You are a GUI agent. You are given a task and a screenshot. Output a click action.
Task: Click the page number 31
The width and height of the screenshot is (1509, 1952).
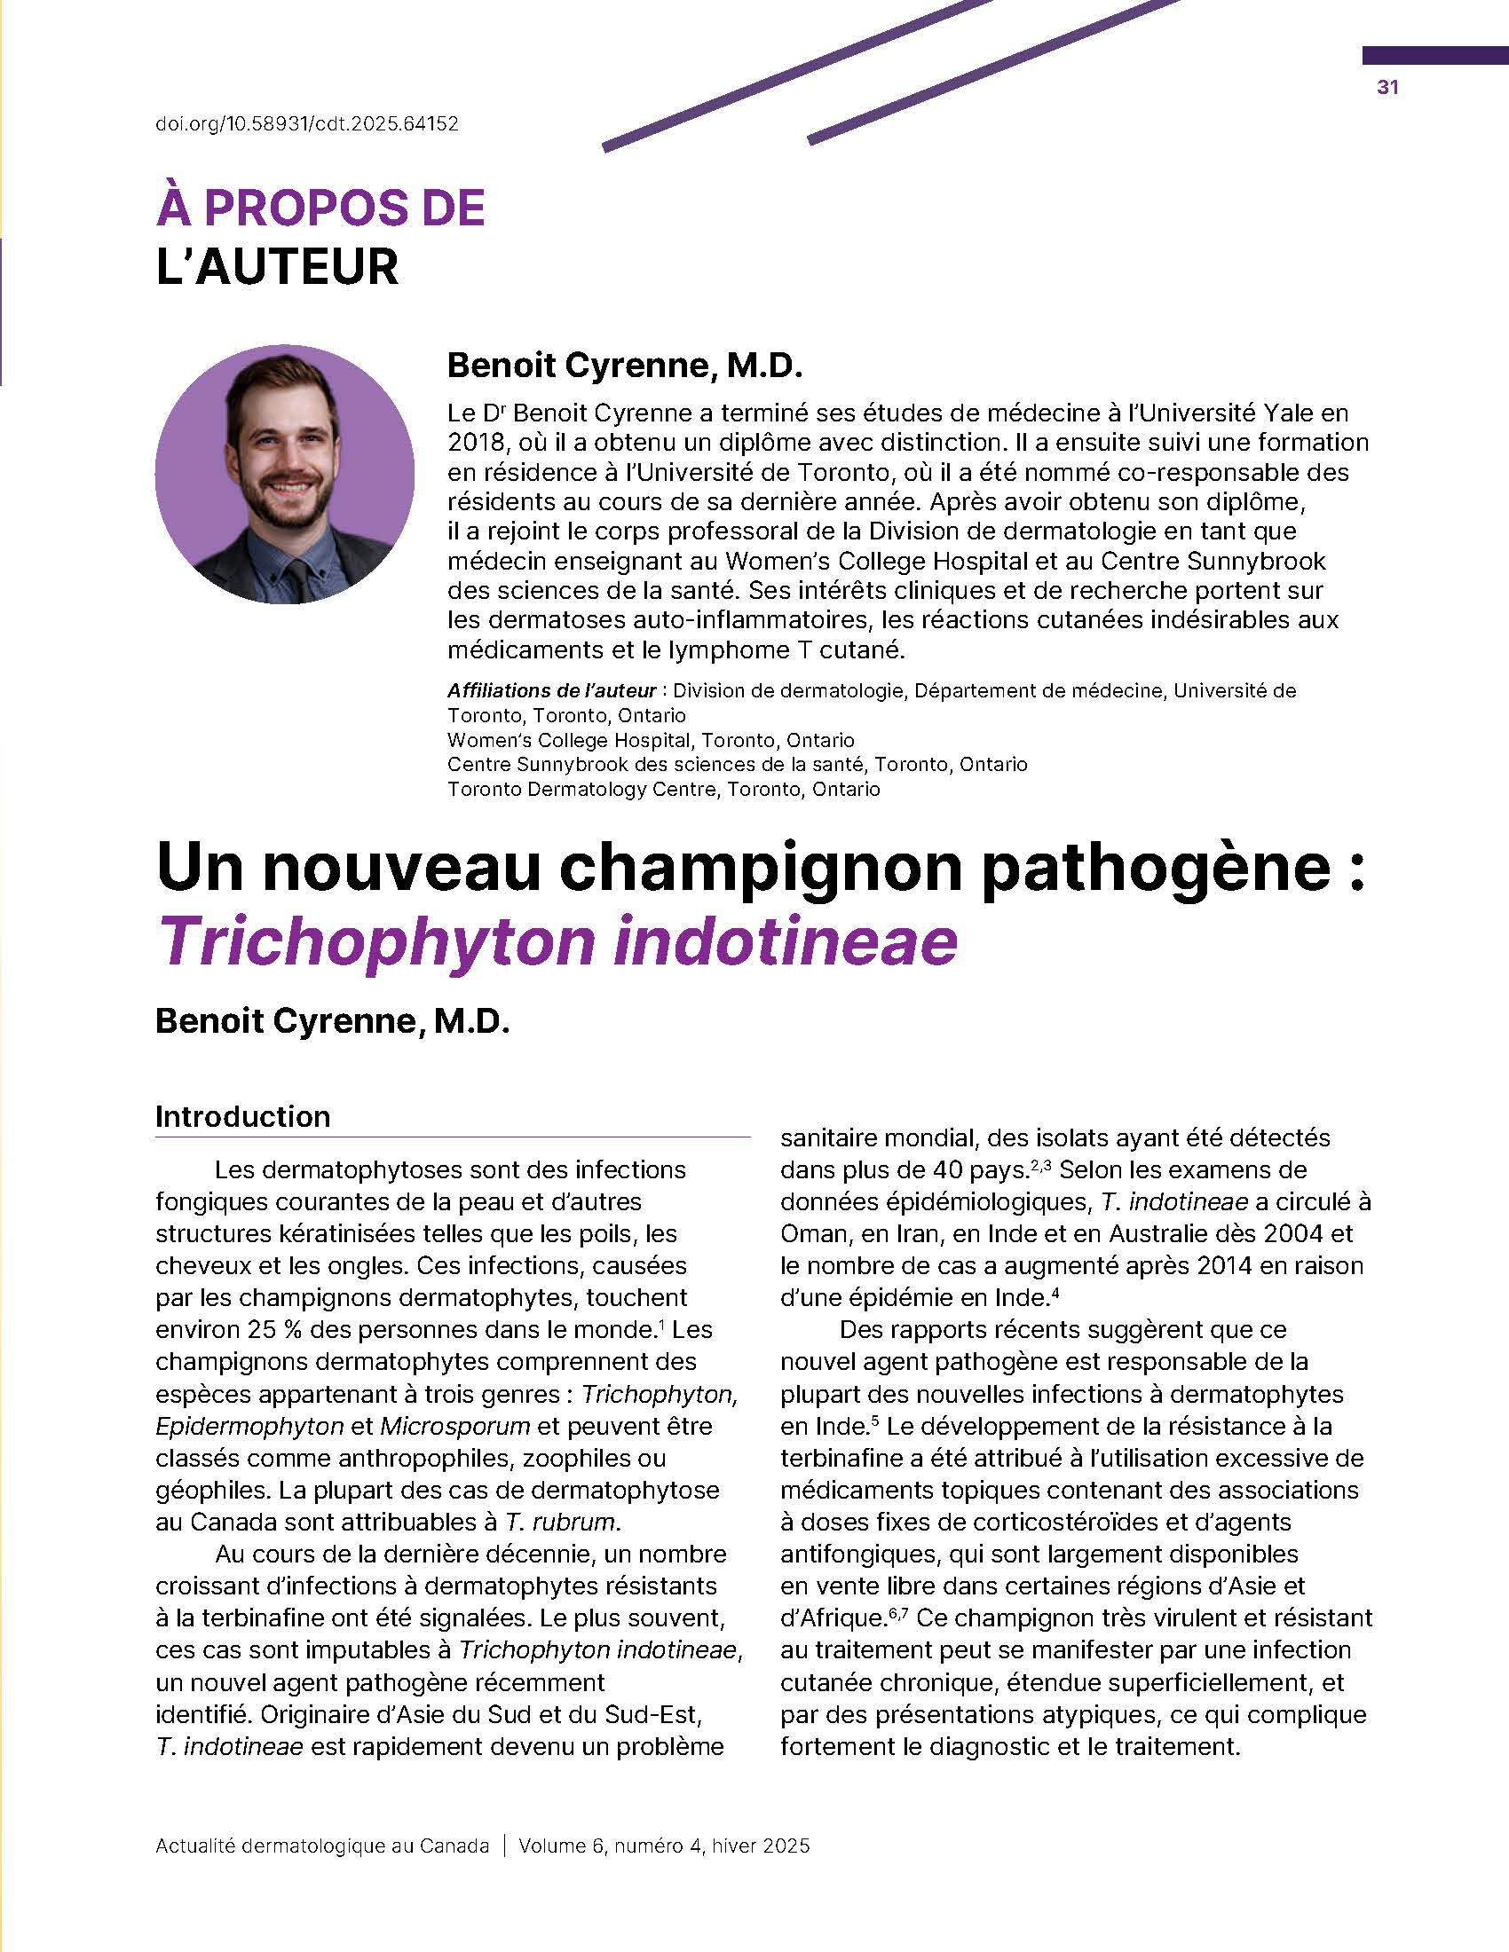pyautogui.click(x=1387, y=87)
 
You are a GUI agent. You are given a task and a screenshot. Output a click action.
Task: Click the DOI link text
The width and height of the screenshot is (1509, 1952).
pyautogui.click(x=306, y=124)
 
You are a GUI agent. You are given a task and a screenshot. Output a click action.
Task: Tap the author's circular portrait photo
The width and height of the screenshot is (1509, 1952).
pyautogui.click(x=284, y=475)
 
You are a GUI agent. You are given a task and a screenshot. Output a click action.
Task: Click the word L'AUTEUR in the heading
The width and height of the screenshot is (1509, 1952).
pyautogui.click(x=277, y=267)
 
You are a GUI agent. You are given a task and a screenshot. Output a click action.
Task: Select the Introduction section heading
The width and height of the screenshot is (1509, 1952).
pyautogui.click(x=243, y=1116)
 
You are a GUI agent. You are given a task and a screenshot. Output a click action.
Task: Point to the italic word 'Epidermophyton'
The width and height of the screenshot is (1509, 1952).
pyautogui.click(x=249, y=1426)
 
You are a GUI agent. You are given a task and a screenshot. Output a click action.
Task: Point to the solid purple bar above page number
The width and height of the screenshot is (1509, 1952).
pyautogui.click(x=1434, y=55)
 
